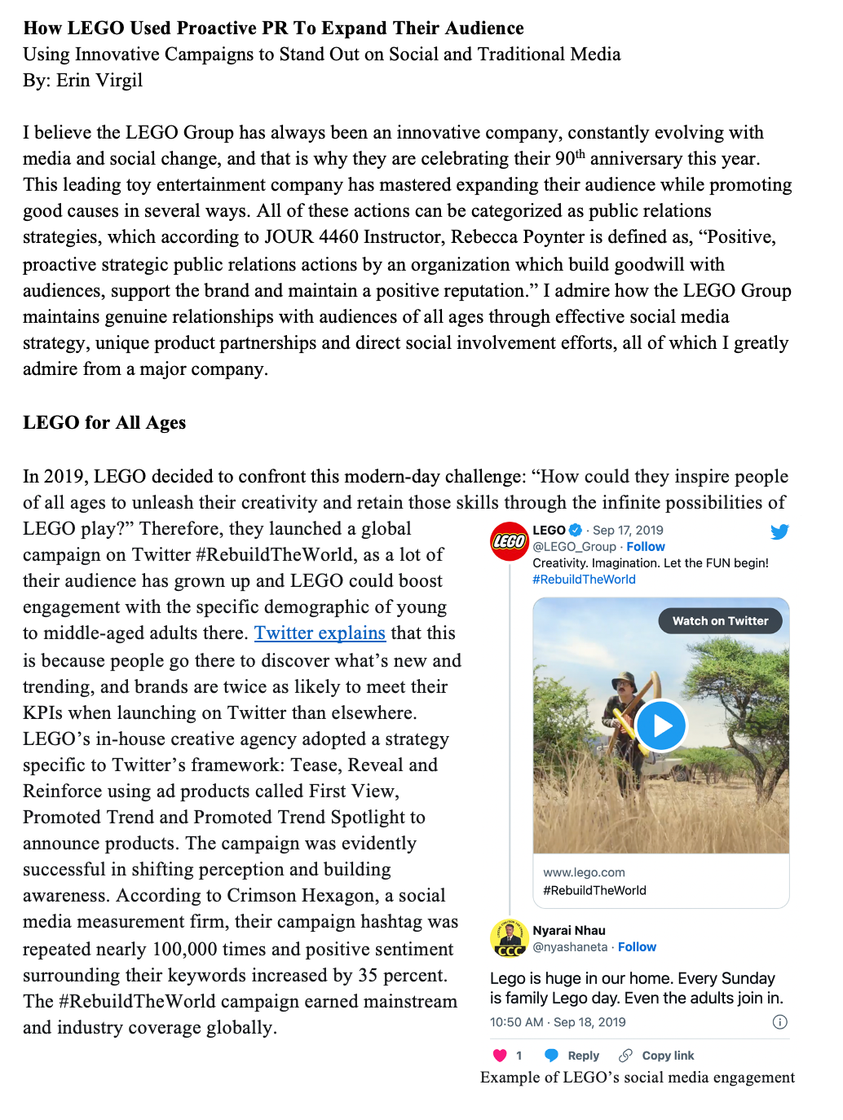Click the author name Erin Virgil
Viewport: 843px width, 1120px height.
99,81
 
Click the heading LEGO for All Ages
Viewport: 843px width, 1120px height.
104,422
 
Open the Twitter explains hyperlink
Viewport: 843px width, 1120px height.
320,633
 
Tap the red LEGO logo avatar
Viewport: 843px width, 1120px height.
510,541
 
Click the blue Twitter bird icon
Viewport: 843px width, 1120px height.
779,532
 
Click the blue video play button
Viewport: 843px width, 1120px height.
661,725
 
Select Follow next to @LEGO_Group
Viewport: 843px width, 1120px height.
646,547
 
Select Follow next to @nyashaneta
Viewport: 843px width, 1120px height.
637,947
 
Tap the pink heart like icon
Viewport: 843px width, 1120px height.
501,1056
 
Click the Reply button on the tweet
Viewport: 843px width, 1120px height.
572,1056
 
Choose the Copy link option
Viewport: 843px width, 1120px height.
657,1056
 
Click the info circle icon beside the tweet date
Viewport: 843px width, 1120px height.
779,1022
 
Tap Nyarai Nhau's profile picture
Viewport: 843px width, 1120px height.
510,939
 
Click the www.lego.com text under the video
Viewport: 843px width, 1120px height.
584,872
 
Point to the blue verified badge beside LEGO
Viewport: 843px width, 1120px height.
576,530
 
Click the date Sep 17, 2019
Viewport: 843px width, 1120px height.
628,531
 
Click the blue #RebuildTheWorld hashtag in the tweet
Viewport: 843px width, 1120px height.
584,580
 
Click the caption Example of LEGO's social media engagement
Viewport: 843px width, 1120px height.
638,1078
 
